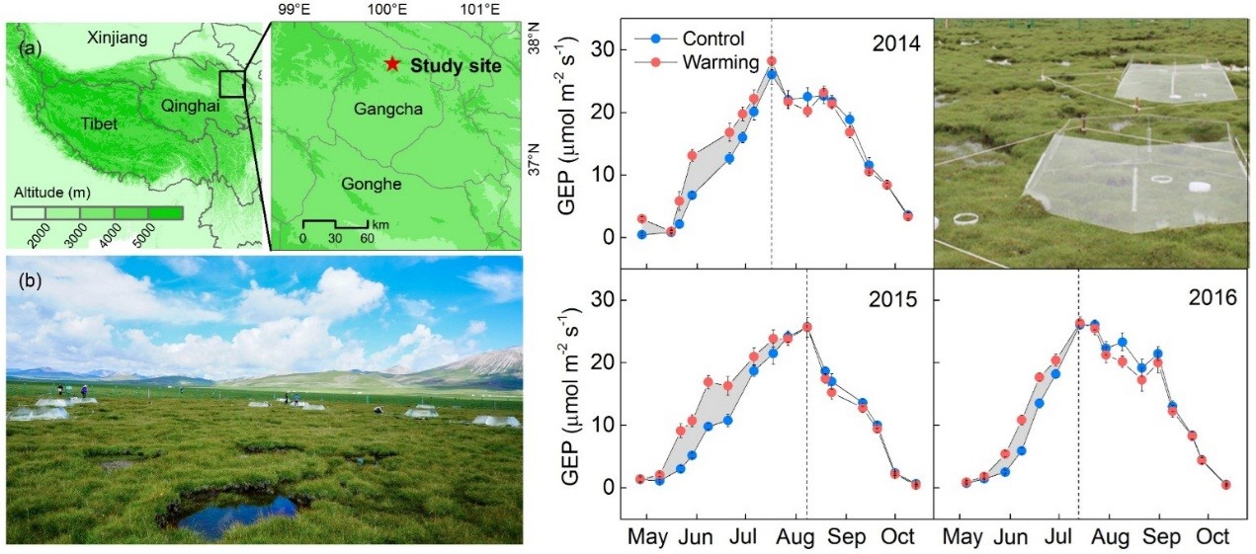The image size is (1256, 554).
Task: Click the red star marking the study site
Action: pos(392,64)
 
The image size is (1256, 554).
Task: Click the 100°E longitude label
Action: pos(386,10)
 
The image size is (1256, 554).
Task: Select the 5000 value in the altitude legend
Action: pos(165,229)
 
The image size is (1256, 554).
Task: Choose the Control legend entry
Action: pos(702,40)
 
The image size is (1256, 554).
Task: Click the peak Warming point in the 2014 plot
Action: pos(771,61)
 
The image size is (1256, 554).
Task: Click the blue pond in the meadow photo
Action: pos(237,513)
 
